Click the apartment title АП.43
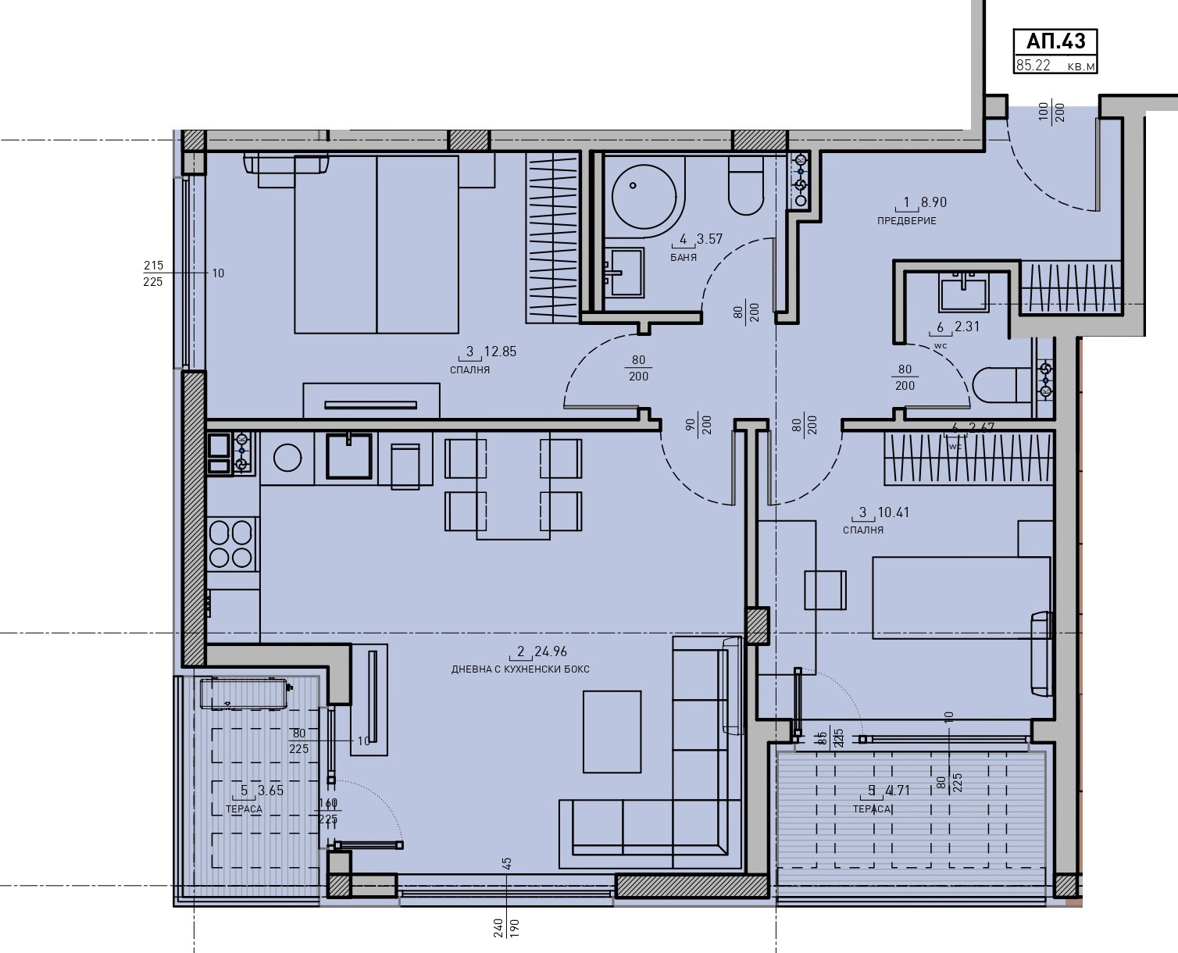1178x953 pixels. pos(1055,41)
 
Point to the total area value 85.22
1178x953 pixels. pos(1033,66)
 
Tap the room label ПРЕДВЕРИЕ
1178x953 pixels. pos(906,221)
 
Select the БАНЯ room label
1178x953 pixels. pos(683,257)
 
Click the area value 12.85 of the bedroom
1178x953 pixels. pos(500,352)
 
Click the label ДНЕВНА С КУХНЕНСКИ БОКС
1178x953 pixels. pos(520,669)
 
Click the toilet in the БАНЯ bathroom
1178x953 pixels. pos(746,187)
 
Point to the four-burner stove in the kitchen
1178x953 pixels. pos(231,543)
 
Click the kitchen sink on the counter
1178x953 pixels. pos(349,455)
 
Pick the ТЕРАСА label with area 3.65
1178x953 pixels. pos(245,809)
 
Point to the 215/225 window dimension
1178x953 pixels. pos(153,273)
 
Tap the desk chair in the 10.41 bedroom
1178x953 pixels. pos(825,590)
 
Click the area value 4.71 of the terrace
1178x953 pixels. pos(899,791)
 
